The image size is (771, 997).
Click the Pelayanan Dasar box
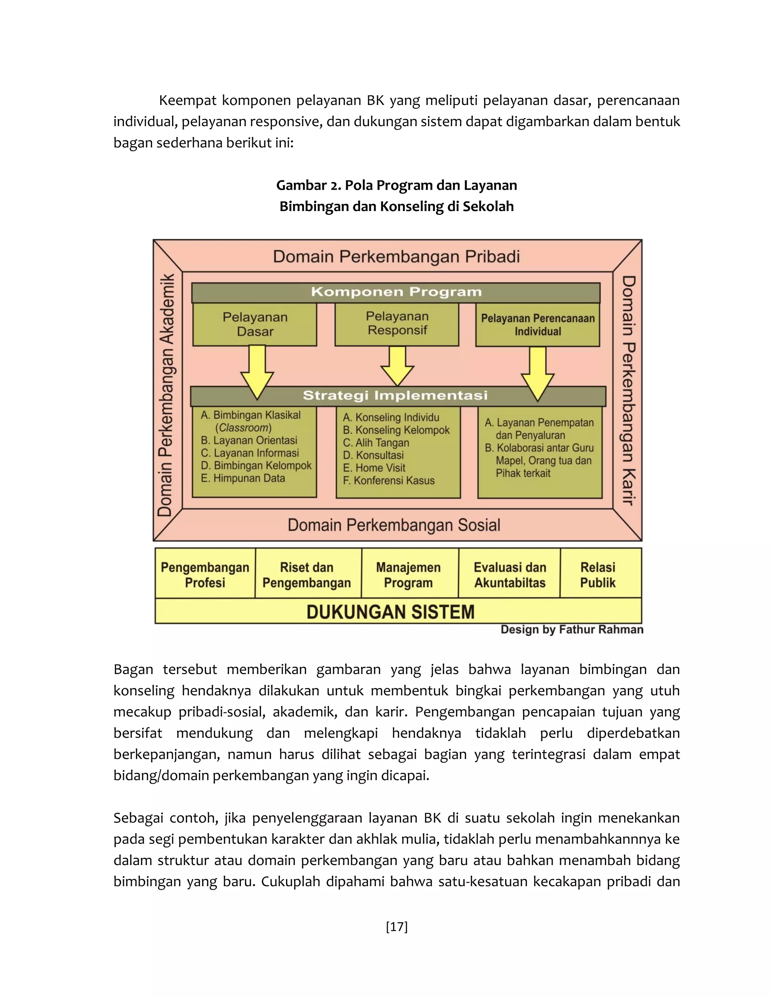coord(255,324)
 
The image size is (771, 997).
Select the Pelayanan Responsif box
coord(397,323)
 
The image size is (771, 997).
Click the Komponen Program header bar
coord(396,292)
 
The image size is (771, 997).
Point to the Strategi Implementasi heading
coord(396,395)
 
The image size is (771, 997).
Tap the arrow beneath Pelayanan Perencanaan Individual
coord(538,372)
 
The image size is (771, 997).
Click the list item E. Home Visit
coord(374,468)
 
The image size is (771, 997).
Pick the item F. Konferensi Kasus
coord(389,481)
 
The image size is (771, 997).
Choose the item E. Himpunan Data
coord(243,479)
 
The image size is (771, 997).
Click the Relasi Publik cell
coord(598,575)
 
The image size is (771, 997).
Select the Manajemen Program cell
coord(408,575)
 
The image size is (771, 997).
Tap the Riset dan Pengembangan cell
coord(307,575)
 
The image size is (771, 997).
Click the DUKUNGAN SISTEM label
coord(390,612)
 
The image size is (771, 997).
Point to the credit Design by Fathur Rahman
coord(572,629)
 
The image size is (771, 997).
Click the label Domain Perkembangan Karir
coord(628,390)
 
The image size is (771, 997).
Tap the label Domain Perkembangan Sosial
coord(394,525)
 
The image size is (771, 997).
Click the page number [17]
coord(396,926)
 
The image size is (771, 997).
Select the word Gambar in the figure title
coord(298,185)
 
